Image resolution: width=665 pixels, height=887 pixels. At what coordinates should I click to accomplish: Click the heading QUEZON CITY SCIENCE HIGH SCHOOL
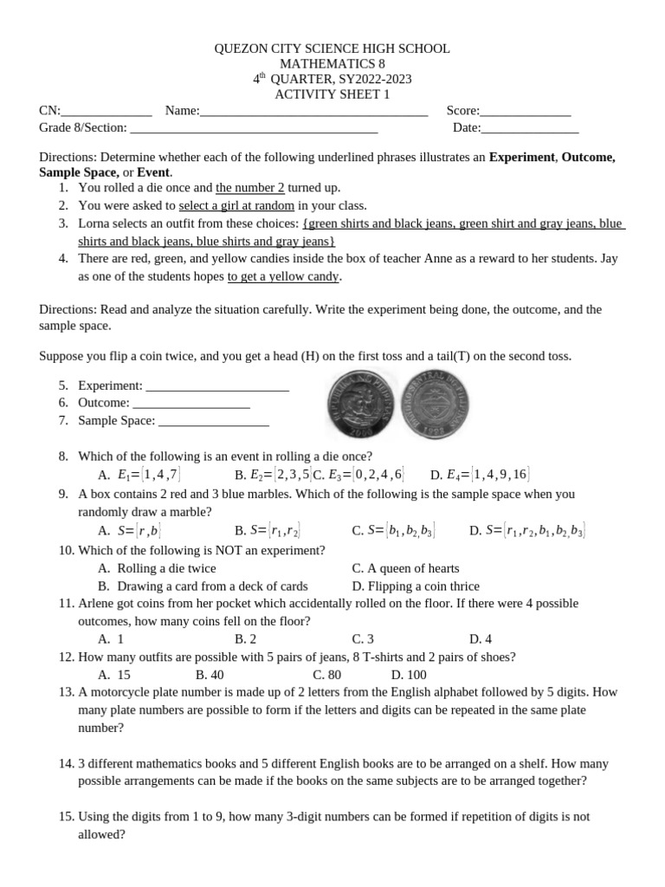pos(332,49)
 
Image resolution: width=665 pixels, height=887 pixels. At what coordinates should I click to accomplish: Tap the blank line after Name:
pos(313,111)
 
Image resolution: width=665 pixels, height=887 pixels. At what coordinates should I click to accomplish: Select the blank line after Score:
pos(526,111)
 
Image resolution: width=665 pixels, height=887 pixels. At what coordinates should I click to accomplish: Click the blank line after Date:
pos(530,128)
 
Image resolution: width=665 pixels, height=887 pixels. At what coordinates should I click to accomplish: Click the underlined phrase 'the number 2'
pos(250,188)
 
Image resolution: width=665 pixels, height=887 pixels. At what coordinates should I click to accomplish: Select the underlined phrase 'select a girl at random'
pos(236,205)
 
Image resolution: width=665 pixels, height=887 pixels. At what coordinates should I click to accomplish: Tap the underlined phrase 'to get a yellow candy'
pos(284,276)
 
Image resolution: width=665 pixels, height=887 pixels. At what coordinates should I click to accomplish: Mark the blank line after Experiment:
pos(217,385)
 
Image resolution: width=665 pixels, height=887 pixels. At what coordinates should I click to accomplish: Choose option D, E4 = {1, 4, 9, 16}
pos(480,475)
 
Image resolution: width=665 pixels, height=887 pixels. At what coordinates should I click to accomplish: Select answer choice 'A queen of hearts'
pos(405,568)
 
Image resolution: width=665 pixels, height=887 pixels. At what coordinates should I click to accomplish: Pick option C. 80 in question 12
pos(326,675)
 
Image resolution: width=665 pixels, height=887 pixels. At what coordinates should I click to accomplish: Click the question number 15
pos(67,817)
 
